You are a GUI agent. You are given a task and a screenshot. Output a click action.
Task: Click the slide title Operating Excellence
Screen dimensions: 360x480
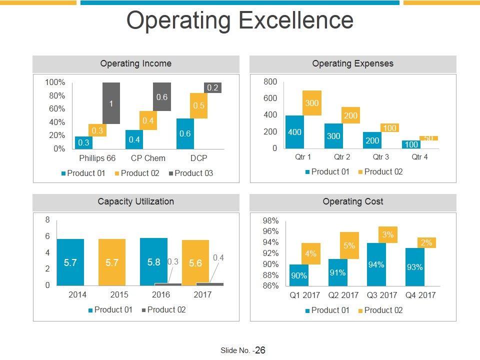pos(240,21)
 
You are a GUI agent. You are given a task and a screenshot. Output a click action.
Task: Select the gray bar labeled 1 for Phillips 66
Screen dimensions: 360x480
pos(111,103)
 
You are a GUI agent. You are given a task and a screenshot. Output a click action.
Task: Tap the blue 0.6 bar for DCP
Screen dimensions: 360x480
pos(185,133)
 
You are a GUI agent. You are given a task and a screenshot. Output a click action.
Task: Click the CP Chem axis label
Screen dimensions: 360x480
pos(148,158)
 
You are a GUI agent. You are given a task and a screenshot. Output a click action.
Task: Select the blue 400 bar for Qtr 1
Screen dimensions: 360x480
pos(294,132)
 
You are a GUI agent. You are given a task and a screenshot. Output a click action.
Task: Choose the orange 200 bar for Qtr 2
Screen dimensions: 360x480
pos(350,115)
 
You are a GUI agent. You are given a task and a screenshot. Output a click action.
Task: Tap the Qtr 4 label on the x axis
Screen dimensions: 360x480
pos(419,157)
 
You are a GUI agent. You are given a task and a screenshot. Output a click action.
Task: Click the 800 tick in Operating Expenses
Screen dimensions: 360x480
pos(270,82)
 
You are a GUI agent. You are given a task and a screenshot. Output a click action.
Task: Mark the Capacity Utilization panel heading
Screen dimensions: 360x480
pos(136,202)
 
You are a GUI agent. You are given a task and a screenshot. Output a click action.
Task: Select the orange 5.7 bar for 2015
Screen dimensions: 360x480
pos(112,262)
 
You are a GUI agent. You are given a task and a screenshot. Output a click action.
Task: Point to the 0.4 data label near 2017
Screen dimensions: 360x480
pos(218,257)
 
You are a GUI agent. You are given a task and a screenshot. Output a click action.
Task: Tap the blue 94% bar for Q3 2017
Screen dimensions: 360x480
pos(376,264)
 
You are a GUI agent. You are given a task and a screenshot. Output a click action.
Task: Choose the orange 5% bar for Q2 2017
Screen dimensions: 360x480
pos(349,245)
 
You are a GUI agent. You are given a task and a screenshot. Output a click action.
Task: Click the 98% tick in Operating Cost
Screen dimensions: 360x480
pos(270,220)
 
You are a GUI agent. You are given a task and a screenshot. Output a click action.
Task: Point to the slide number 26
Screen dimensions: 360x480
pos(260,350)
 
